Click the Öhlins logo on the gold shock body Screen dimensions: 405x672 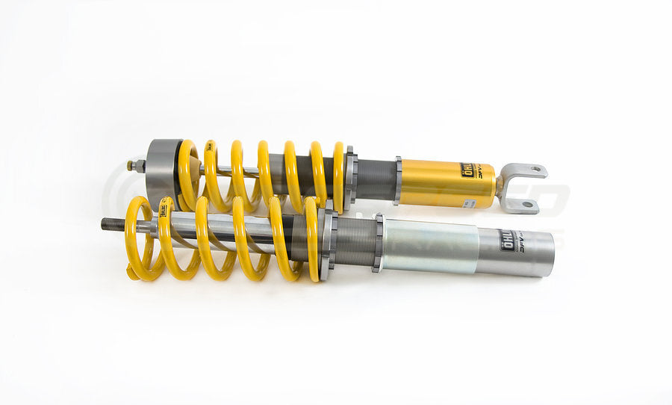470,171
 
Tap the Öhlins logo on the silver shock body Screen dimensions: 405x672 510,240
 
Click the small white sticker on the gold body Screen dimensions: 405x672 468,202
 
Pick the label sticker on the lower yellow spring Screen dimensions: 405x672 162,211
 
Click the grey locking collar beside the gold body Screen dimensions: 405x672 398,180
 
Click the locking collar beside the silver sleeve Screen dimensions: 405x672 379,243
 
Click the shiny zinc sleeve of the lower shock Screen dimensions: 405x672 429,246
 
